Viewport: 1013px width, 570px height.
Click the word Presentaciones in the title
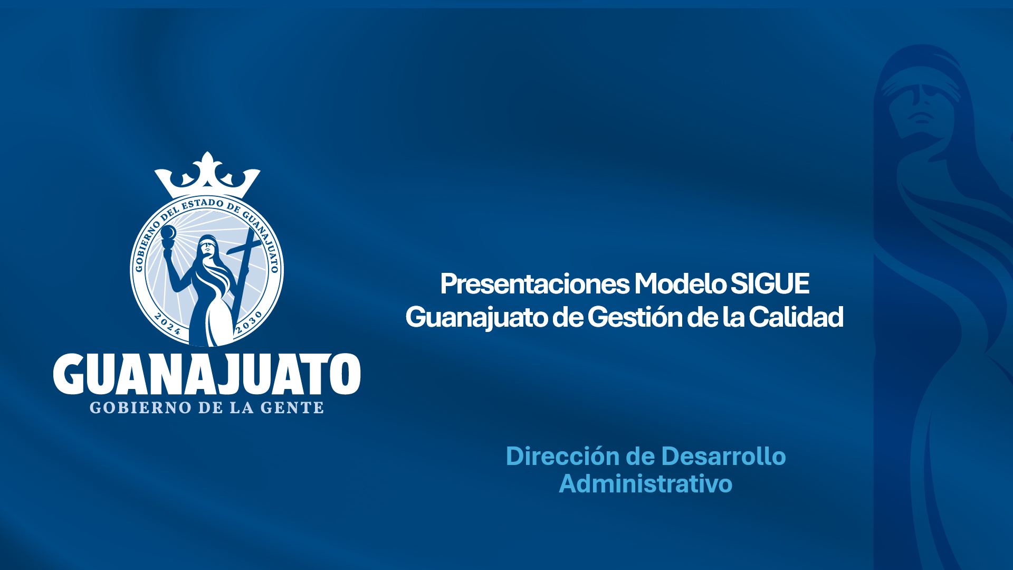coord(535,284)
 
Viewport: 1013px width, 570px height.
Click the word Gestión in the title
coord(636,317)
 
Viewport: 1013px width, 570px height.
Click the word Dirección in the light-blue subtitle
coord(562,457)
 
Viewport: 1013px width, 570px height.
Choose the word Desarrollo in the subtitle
coord(723,457)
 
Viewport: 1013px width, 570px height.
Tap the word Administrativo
coord(646,484)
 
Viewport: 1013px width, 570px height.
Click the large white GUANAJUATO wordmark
coord(207,374)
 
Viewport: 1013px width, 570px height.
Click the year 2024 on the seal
coord(168,324)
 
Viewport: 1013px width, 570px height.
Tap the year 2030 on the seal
coord(249,322)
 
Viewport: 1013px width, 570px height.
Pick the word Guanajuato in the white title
coord(476,318)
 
